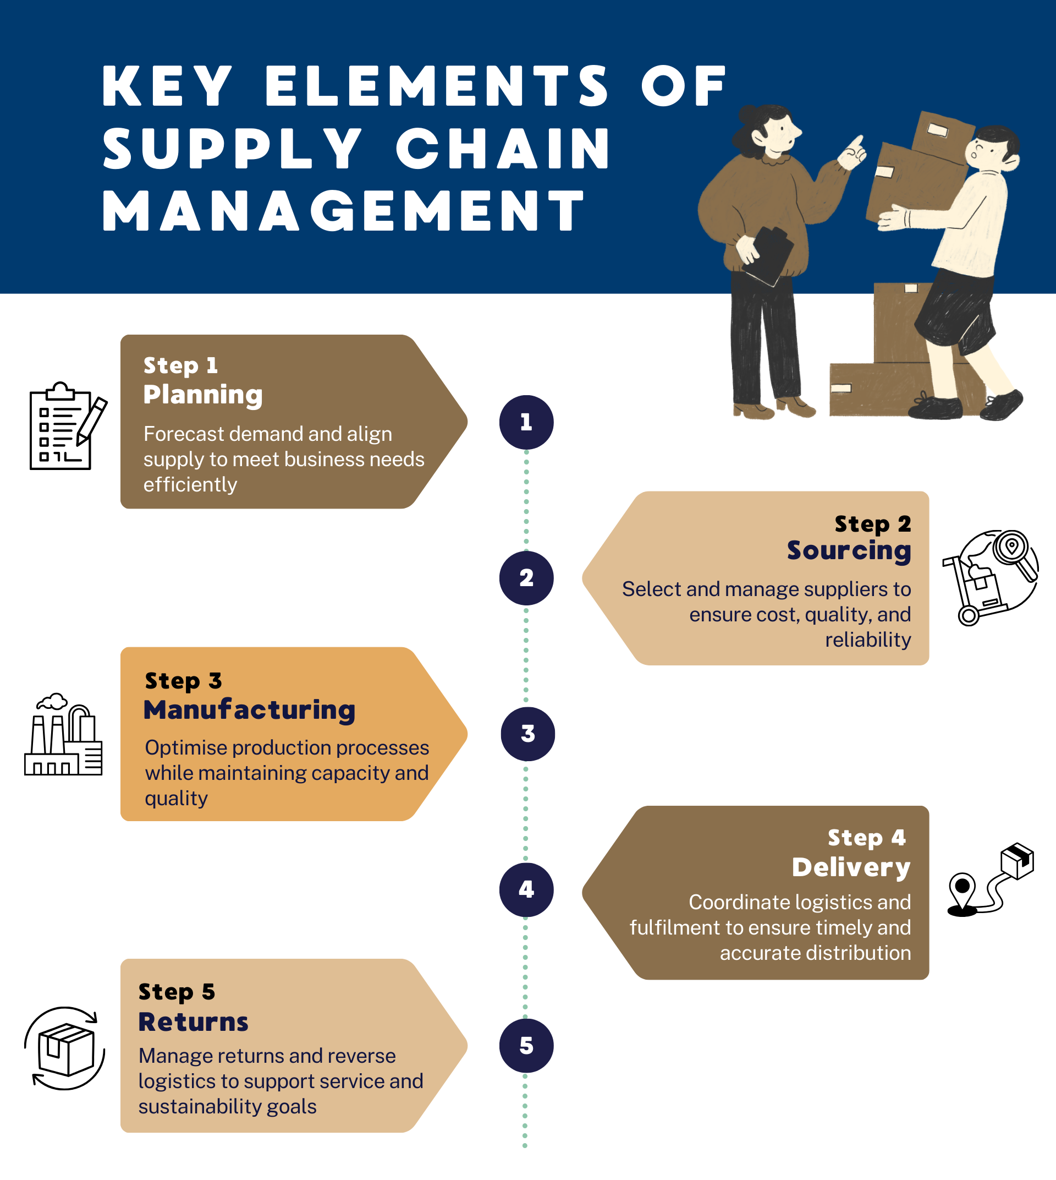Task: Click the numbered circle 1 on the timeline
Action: pyautogui.click(x=526, y=422)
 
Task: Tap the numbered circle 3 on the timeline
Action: pyautogui.click(x=527, y=734)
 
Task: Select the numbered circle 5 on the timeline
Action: pyautogui.click(x=526, y=1046)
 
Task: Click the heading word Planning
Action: pyautogui.click(x=203, y=395)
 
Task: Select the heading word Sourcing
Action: pyautogui.click(x=849, y=550)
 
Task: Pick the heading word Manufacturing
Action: pyautogui.click(x=250, y=710)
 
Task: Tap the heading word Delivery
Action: pyautogui.click(x=851, y=867)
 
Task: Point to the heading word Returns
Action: pyautogui.click(x=193, y=1022)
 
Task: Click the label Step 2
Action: pyautogui.click(x=873, y=524)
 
